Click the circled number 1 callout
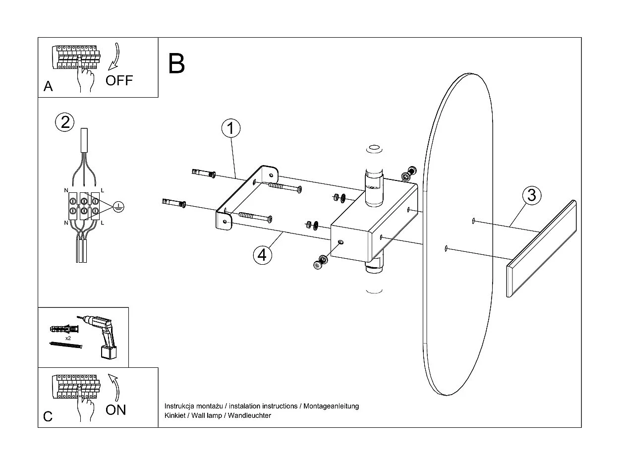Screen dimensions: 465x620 (230, 128)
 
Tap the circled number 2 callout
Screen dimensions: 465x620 (65, 122)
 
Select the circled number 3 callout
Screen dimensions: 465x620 (531, 195)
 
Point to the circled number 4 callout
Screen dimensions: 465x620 (262, 254)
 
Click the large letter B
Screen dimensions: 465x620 (176, 63)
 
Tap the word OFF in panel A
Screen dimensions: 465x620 (119, 81)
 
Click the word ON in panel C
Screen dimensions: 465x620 (116, 409)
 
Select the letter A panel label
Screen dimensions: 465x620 (48, 87)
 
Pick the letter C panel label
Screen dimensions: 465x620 (48, 416)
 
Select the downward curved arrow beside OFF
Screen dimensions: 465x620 (114, 57)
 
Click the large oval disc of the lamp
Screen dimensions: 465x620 (458, 233)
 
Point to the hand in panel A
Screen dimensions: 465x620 (86, 80)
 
